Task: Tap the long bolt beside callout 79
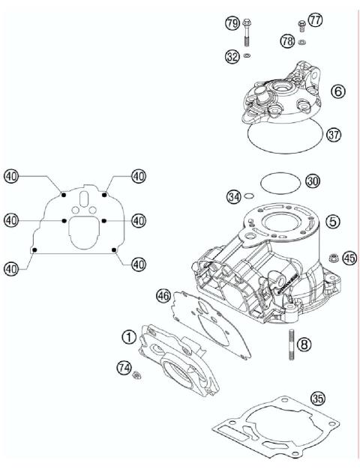click(247, 34)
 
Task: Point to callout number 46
click(163, 296)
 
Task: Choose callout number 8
click(303, 345)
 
